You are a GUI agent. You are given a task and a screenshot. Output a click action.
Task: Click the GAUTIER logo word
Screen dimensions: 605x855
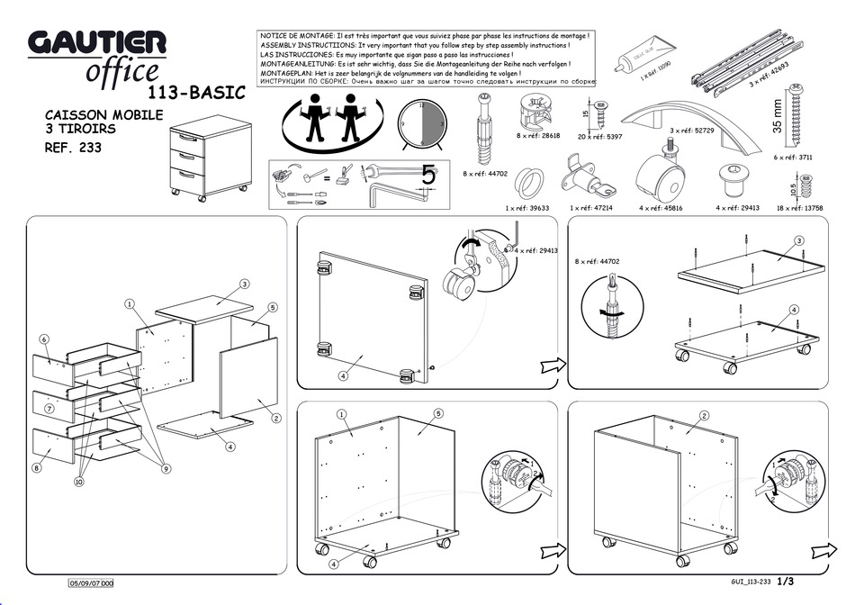click(97, 42)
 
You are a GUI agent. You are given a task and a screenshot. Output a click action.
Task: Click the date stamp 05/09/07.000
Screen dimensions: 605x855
click(92, 584)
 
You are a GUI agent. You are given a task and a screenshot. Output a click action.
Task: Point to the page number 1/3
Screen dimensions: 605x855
click(786, 582)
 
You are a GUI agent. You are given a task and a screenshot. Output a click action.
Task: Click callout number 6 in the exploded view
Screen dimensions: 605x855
click(43, 339)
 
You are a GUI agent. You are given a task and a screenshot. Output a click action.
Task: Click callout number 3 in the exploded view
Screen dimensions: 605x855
click(244, 284)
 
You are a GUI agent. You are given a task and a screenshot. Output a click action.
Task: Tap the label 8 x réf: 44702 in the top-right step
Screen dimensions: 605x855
click(597, 262)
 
